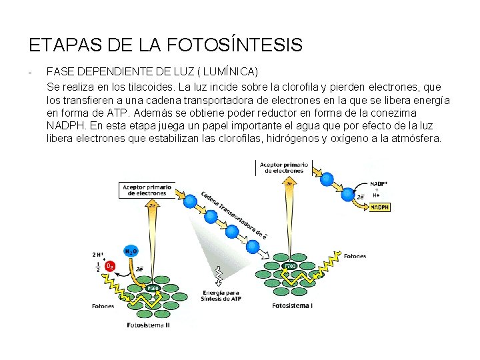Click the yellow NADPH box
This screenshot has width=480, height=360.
pyautogui.click(x=379, y=207)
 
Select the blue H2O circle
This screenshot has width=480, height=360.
pyautogui.click(x=131, y=252)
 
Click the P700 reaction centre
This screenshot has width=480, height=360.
pyautogui.click(x=290, y=266)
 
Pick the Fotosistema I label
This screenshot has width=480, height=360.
pyautogui.click(x=293, y=306)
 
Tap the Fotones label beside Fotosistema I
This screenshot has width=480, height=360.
pyautogui.click(x=354, y=255)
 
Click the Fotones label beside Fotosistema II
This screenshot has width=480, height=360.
pyautogui.click(x=102, y=307)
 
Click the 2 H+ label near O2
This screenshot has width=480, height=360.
pyautogui.click(x=99, y=254)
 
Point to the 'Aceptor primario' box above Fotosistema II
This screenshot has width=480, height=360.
pyautogui.click(x=147, y=190)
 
